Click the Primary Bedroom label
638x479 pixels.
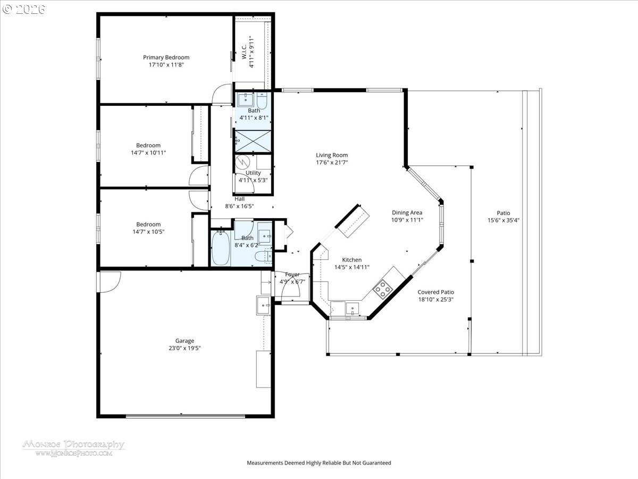[x=166, y=57]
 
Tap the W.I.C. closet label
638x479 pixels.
[x=244, y=52]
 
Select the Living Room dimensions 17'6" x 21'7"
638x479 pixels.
[x=332, y=162]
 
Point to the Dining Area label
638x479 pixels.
[x=407, y=212]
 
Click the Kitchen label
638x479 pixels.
[x=352, y=260]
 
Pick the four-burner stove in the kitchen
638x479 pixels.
[x=383, y=289]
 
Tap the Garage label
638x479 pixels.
[x=184, y=341]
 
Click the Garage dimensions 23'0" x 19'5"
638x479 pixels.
[x=184, y=348]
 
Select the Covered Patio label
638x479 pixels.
[x=435, y=292]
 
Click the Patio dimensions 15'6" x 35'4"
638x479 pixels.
[x=503, y=220]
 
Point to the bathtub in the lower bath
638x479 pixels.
[x=221, y=248]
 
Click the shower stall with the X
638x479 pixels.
[x=253, y=141]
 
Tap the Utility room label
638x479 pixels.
[x=253, y=173]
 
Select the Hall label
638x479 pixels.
[x=239, y=199]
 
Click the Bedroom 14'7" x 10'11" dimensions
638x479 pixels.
[x=148, y=153]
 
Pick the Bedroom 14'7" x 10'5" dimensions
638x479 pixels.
[x=148, y=232]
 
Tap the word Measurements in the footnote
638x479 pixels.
[x=265, y=463]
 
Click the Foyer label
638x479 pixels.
[x=292, y=275]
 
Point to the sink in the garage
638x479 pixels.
[x=264, y=305]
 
